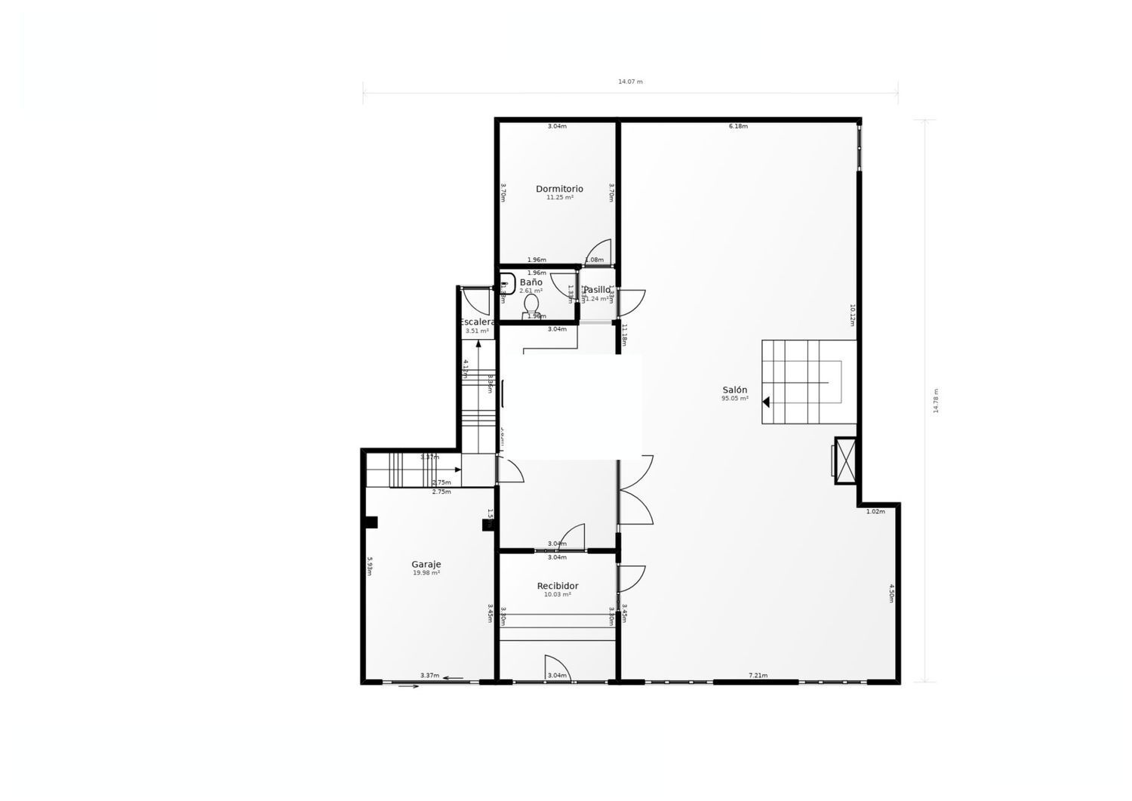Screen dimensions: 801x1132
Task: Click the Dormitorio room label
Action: (559, 189)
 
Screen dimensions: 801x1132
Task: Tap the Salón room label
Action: (734, 390)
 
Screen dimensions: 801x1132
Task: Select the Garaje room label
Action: (426, 564)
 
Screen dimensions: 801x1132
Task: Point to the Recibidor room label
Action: (558, 586)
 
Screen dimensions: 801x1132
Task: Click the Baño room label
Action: (531, 282)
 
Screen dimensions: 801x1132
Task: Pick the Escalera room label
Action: (477, 322)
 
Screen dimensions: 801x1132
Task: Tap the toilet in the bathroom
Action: (531, 304)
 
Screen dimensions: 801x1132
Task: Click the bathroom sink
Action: (507, 284)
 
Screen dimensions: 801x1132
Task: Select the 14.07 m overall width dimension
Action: (630, 82)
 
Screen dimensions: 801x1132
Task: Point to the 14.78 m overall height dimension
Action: (936, 400)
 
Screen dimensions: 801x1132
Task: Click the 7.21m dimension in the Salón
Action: (758, 675)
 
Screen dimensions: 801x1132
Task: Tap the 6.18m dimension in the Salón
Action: (738, 126)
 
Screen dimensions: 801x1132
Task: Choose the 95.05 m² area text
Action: (734, 398)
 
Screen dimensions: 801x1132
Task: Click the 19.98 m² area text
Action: (426, 572)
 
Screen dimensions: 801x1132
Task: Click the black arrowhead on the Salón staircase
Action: (765, 402)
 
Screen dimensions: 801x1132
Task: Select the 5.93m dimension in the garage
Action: (370, 566)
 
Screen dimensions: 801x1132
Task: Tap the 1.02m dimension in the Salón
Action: (875, 511)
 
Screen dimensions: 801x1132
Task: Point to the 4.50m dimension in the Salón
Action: (891, 593)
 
